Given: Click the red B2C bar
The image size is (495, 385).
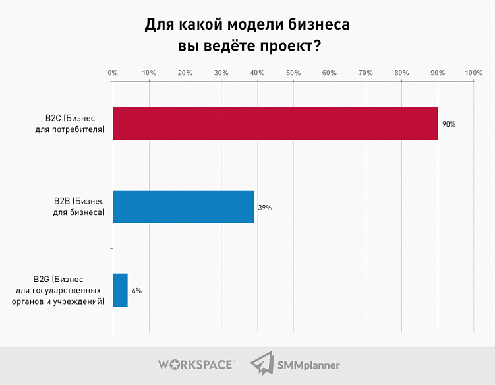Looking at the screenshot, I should [x=275, y=123].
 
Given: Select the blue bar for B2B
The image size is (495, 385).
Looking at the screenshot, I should [x=183, y=207].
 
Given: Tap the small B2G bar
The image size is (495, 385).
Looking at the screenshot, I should [x=120, y=290].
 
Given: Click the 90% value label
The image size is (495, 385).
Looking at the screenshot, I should [x=449, y=124].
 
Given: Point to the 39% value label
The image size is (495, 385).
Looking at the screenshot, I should [x=265, y=208].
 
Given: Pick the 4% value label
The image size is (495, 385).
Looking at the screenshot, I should [x=136, y=290].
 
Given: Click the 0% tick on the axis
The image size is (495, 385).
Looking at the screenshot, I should [x=113, y=73].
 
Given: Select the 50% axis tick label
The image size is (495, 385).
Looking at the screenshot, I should [x=293, y=73].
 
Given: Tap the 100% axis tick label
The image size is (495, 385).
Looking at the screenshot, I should [x=473, y=73].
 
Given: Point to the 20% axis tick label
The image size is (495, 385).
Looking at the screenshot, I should [x=185, y=73].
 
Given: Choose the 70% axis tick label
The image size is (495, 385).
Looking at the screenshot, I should [x=365, y=73].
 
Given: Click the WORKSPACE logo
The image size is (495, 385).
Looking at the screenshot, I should [x=195, y=364].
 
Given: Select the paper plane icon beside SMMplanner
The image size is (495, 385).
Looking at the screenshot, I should [x=262, y=364].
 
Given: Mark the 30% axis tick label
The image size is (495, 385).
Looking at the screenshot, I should [x=221, y=73].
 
